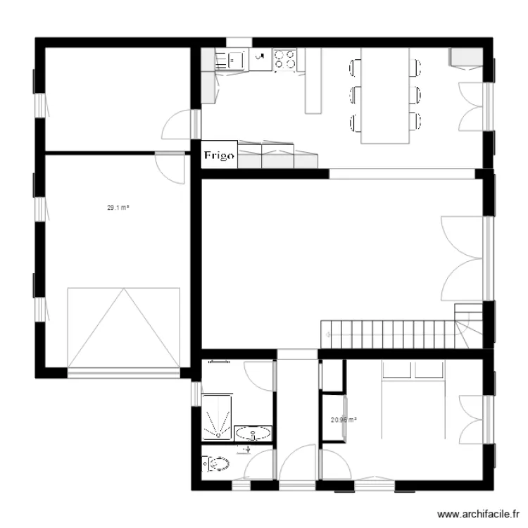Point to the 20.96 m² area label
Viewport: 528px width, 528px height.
click(343, 420)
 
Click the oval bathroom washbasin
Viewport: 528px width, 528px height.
click(252, 433)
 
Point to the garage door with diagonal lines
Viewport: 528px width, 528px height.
click(123, 327)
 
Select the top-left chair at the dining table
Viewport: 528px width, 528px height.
click(355, 68)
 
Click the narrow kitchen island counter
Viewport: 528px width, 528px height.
click(313, 81)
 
